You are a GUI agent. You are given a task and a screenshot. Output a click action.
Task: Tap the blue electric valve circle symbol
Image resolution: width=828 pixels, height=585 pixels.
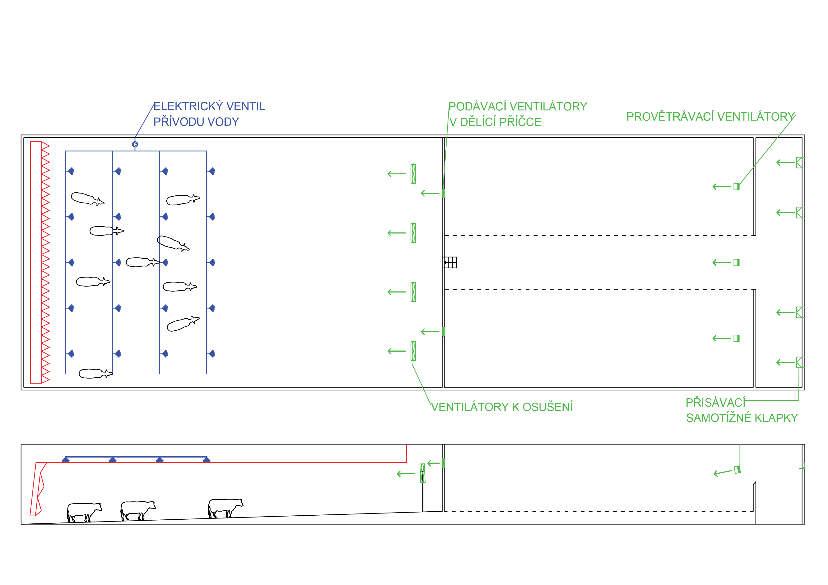click(135, 144)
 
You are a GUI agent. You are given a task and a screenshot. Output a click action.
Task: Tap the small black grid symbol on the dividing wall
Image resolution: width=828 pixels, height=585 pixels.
click(450, 262)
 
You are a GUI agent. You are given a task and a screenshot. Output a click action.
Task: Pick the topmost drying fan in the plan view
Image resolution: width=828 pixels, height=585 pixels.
click(413, 174)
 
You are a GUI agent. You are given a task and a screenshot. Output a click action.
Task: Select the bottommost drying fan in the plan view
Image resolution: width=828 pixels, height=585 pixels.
click(413, 351)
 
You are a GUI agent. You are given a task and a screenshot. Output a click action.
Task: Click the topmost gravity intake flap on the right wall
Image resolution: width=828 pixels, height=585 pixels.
click(800, 163)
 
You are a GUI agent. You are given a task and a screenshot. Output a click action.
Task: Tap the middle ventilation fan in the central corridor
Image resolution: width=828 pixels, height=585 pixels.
click(736, 262)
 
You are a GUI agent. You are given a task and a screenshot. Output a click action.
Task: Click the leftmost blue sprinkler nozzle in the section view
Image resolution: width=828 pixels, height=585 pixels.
click(66, 459)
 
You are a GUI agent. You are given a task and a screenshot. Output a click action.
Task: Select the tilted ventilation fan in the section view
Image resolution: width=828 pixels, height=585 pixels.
click(737, 470)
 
